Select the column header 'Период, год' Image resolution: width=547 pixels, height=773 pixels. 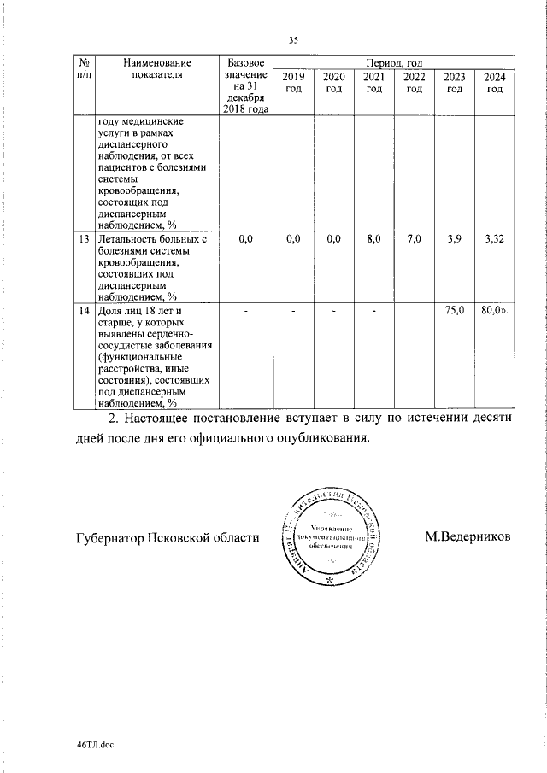(x=393, y=63)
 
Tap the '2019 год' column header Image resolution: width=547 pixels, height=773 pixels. (x=292, y=84)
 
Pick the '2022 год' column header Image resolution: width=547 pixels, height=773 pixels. (x=415, y=84)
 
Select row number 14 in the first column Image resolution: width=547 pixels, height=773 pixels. (x=84, y=312)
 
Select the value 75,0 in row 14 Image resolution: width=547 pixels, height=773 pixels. (x=455, y=312)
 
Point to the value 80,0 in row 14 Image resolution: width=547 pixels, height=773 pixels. (x=493, y=312)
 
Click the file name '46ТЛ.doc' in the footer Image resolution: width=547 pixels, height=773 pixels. (x=95, y=745)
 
